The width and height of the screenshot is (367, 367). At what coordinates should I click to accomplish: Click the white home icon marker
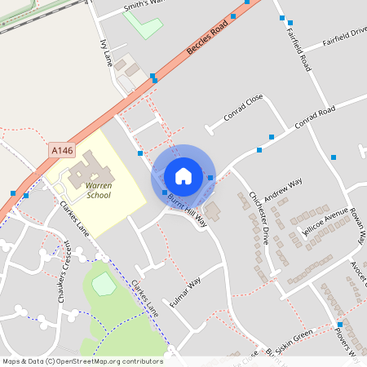(183, 175)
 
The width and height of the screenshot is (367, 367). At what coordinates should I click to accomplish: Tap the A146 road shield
(61, 150)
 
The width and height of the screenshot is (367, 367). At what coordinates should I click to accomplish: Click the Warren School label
(98, 191)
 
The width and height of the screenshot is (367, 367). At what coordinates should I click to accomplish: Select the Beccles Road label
(206, 38)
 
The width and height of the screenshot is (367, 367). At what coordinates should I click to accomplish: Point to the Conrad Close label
(244, 107)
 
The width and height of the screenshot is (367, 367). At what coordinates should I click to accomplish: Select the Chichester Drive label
(259, 219)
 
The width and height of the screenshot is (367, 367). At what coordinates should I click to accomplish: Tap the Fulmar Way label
(183, 295)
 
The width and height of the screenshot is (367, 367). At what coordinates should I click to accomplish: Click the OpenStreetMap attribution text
(82, 361)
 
